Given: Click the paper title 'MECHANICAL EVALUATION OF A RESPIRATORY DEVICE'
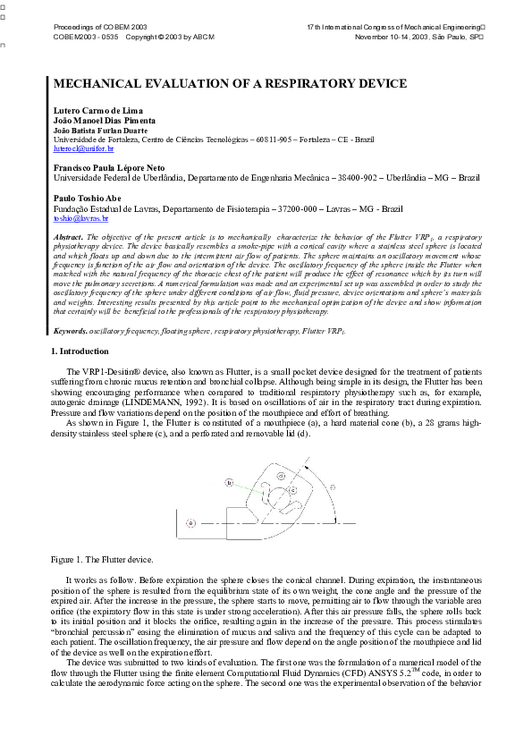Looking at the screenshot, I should tap(231, 83).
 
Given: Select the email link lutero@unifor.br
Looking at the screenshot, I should tap(78, 148).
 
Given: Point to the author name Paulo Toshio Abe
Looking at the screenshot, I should tap(83, 199).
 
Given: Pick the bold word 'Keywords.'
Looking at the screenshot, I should tap(71, 332).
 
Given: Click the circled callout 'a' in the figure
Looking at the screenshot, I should tap(190, 522).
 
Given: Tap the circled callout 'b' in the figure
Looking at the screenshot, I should tap(230, 482).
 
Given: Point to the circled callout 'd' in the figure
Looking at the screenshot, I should tap(281, 477).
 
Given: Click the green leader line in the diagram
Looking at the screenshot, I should tap(250, 487).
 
